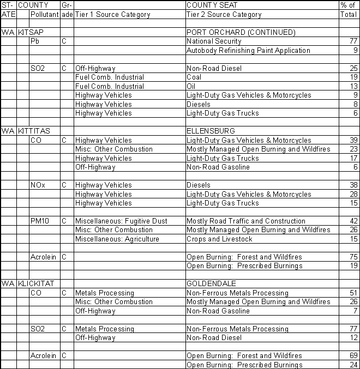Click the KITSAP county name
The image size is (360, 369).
click(x=31, y=33)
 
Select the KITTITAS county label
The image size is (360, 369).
click(x=34, y=131)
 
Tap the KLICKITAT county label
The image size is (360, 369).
click(x=37, y=284)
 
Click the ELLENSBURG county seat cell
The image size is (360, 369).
click(x=211, y=131)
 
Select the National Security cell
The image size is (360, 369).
click(x=214, y=41)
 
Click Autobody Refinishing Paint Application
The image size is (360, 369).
click(x=248, y=51)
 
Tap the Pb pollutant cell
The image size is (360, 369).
click(x=35, y=41)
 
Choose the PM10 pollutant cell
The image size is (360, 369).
click(x=40, y=221)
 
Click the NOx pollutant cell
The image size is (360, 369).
click(x=38, y=185)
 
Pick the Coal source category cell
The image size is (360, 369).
click(x=195, y=77)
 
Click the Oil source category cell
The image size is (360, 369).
click(x=191, y=87)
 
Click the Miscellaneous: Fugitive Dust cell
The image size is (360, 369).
click(x=121, y=221)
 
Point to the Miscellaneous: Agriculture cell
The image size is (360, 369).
click(x=117, y=239)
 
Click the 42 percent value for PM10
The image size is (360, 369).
click(x=353, y=221)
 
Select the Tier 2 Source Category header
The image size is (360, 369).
click(x=224, y=15)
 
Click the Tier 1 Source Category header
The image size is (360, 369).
click(x=112, y=15)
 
